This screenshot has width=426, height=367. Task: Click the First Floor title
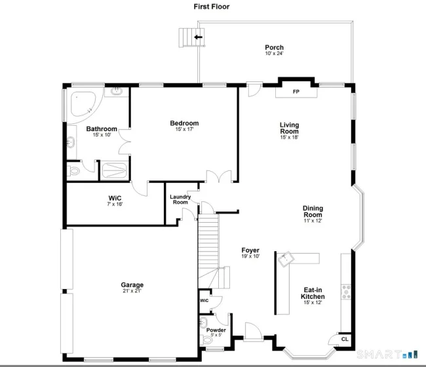pos(212,7)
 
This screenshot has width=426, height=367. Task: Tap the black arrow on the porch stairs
pos(199,37)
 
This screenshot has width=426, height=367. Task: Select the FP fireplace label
pos(296,92)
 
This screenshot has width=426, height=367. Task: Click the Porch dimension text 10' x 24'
pos(275,54)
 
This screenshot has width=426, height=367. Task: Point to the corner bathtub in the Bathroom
pos(83,104)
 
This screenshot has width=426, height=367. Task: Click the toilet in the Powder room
pos(207,339)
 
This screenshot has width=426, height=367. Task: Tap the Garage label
pos(132,284)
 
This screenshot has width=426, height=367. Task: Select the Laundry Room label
pos(180,199)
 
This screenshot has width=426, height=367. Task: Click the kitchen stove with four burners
pos(346,292)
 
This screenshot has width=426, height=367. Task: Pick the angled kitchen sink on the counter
pos(286,259)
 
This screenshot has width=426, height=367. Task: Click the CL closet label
pos(345,339)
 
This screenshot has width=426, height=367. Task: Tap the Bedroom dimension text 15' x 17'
pos(184,129)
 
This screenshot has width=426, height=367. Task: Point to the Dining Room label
pos(313,211)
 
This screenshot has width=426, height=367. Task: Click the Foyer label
pos(250,250)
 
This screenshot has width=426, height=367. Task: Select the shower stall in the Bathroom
pos(115,171)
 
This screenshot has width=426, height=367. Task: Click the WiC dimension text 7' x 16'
pos(115,204)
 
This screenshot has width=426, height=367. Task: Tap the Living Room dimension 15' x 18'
pos(289,137)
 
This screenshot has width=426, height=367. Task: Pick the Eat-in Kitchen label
pos(313,293)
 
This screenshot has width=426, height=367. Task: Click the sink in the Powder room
pos(203,322)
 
